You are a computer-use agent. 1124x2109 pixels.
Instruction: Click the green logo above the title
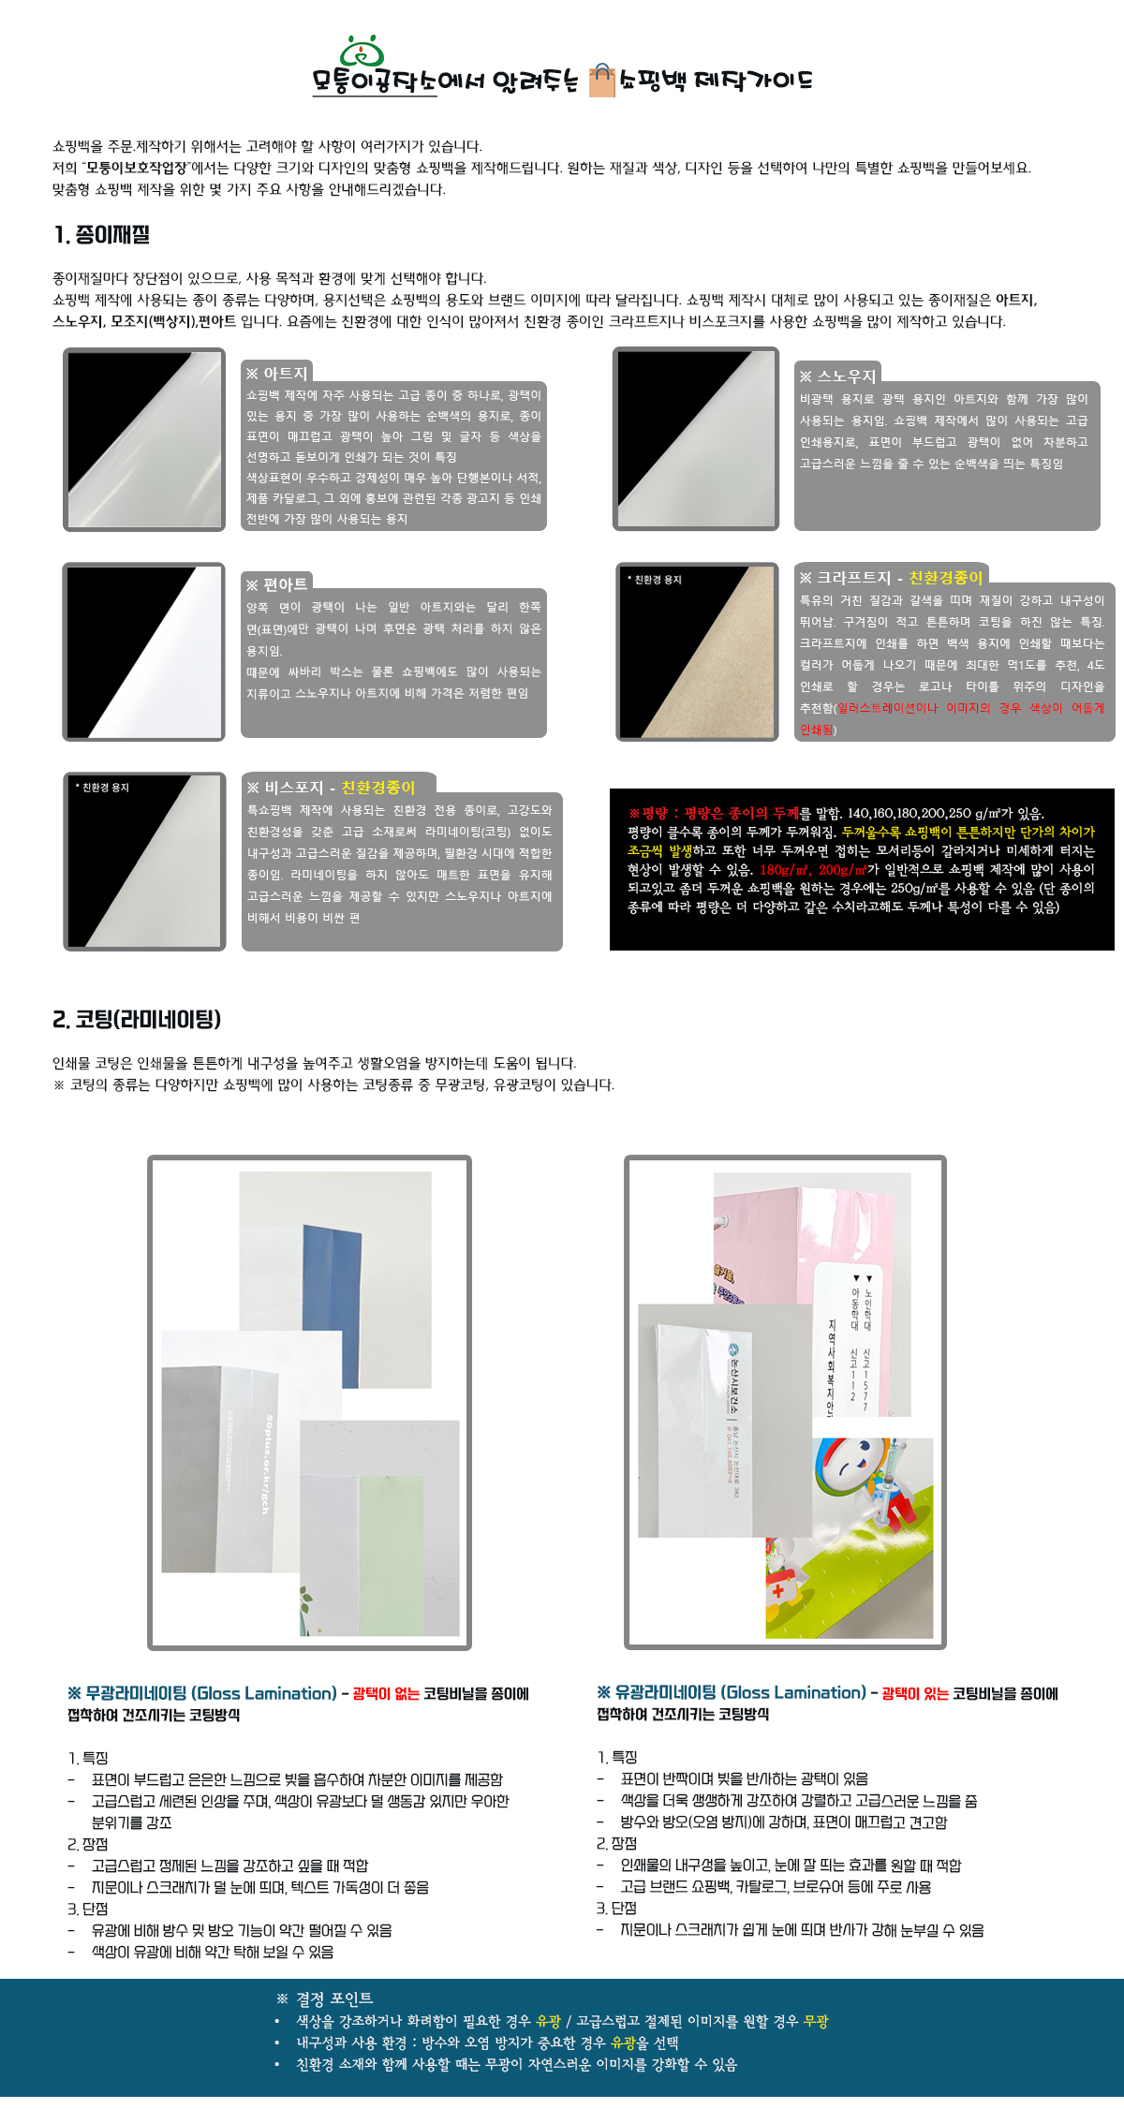pyautogui.click(x=362, y=51)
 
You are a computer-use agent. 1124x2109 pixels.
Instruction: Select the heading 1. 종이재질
pyautogui.click(x=102, y=235)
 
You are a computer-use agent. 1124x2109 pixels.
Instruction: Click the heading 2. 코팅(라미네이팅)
pyautogui.click(x=137, y=1019)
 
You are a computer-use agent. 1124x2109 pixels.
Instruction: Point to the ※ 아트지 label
pyautogui.click(x=277, y=374)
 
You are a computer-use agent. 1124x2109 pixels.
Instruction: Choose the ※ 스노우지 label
pyautogui.click(x=837, y=376)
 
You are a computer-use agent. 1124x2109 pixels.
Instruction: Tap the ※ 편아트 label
pyautogui.click(x=276, y=585)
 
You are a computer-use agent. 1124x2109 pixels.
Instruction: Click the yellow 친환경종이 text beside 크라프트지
pyautogui.click(x=946, y=578)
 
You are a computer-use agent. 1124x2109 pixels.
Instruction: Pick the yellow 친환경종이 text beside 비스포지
pyautogui.click(x=377, y=788)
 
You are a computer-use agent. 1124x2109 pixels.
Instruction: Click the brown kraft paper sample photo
pyautogui.click(x=697, y=652)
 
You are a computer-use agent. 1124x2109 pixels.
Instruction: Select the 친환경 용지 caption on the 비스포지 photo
pyautogui.click(x=103, y=788)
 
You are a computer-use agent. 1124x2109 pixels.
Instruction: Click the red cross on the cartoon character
pyautogui.click(x=777, y=1590)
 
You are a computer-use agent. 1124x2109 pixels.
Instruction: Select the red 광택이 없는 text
pyautogui.click(x=386, y=1693)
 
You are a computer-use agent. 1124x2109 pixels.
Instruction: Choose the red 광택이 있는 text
pyautogui.click(x=915, y=1693)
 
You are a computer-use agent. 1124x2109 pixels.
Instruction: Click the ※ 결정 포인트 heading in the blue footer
pyautogui.click(x=325, y=1998)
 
